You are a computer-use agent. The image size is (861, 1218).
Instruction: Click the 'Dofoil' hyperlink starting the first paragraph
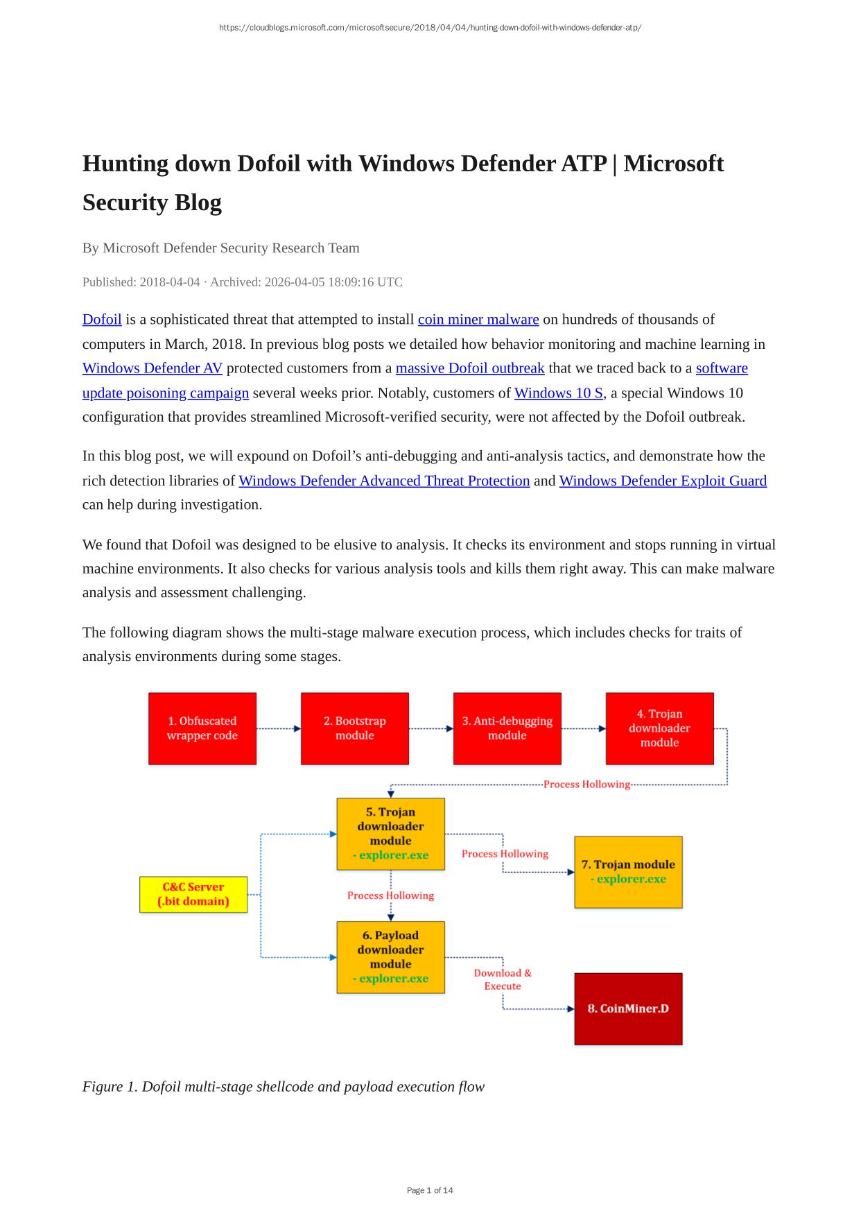point(102,320)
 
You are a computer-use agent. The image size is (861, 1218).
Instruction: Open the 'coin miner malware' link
point(478,320)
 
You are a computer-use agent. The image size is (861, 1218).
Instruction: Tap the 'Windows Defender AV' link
point(153,368)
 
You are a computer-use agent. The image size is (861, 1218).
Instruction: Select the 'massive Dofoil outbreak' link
point(470,368)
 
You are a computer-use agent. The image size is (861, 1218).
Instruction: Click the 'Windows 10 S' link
point(559,393)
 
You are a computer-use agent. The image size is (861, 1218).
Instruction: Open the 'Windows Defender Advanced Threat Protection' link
point(384,481)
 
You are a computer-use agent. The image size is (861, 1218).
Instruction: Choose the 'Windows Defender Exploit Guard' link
point(663,481)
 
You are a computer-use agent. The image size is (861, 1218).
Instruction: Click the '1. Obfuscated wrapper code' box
point(202,728)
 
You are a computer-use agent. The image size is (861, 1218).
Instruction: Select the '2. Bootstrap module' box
point(355,728)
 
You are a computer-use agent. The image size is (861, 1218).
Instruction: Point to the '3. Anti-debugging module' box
point(507,728)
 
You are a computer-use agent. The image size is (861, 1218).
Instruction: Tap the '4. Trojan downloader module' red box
point(659,728)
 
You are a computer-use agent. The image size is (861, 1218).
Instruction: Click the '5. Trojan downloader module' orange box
point(391,833)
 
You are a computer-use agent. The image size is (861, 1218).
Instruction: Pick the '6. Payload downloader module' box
point(391,957)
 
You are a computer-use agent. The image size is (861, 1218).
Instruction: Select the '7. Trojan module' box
point(628,872)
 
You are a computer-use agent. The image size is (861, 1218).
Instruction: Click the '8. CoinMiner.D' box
point(628,1009)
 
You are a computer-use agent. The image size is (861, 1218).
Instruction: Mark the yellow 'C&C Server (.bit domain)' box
point(193,894)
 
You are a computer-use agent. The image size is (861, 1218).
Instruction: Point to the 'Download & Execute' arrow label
point(503,979)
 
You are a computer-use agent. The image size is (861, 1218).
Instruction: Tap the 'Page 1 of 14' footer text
point(430,1190)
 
